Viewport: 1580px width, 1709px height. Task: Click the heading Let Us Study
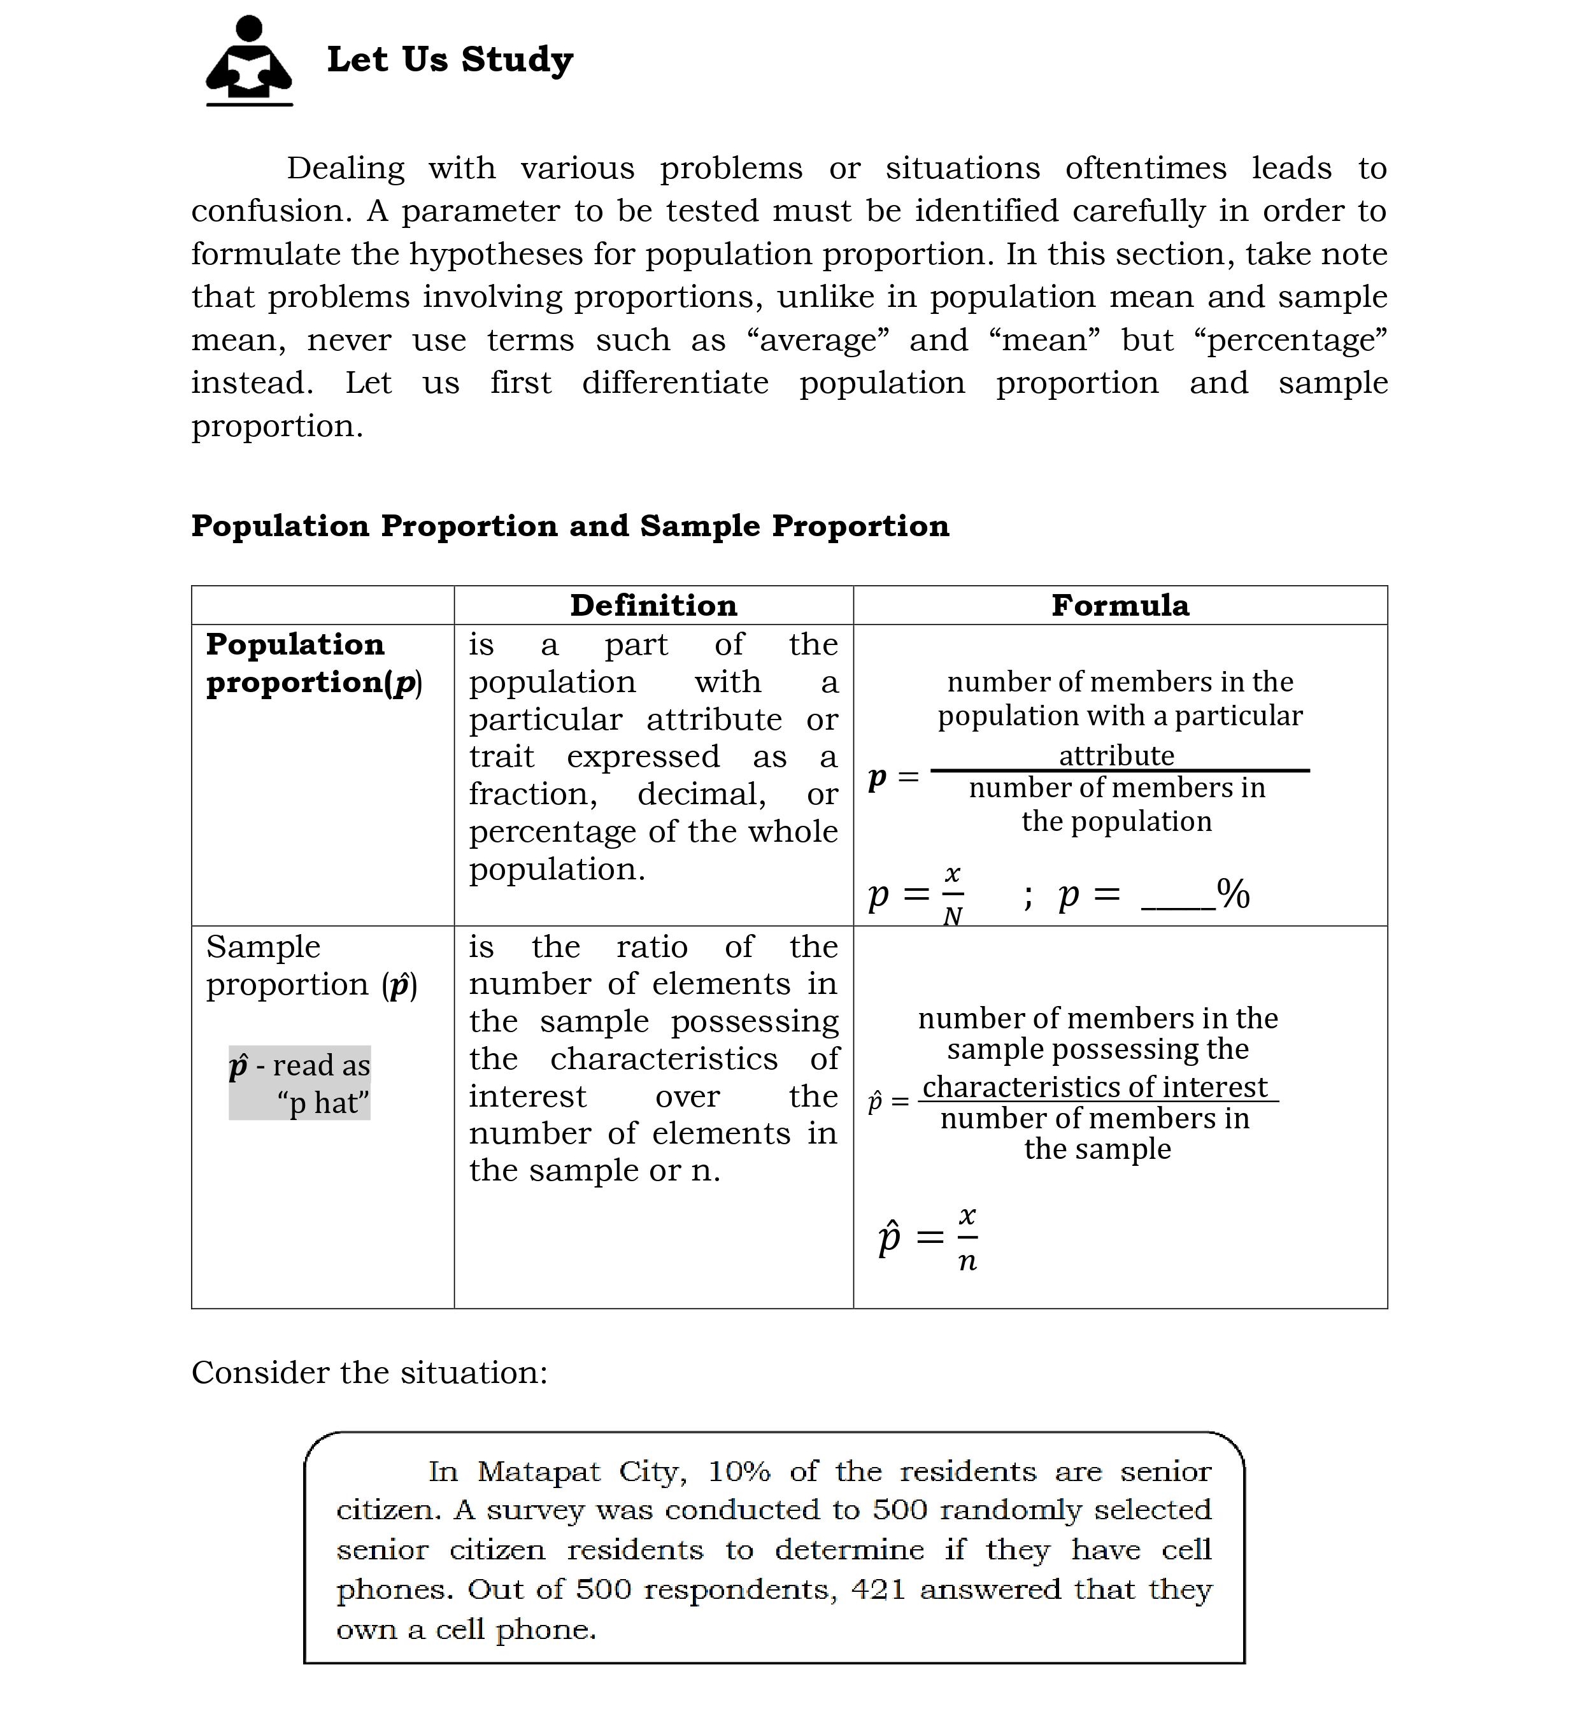[x=450, y=60]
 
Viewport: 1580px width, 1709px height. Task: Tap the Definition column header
[x=653, y=606]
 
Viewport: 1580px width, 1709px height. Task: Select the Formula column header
[x=1120, y=606]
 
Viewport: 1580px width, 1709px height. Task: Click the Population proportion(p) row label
[x=313, y=663]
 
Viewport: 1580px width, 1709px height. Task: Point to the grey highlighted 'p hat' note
[x=299, y=1083]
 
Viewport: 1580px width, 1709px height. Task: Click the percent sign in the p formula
[x=1234, y=894]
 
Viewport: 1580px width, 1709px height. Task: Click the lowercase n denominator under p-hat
[x=967, y=1261]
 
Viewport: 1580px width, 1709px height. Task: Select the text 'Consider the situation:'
[x=369, y=1372]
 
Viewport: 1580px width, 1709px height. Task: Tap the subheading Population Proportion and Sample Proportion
[x=570, y=526]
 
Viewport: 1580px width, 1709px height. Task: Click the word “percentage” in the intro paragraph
[x=1290, y=340]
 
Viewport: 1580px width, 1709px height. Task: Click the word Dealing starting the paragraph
[x=345, y=169]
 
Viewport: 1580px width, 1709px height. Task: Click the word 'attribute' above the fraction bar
[x=1116, y=756]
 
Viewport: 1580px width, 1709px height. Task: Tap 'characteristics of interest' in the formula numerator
[x=1095, y=1087]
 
